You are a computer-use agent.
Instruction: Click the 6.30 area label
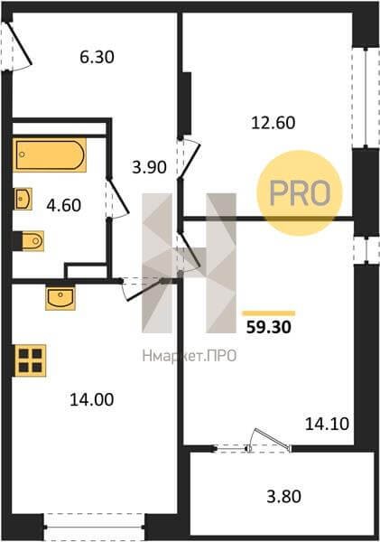97,58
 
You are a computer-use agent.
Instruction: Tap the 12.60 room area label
273,123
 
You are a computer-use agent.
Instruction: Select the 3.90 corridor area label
149,168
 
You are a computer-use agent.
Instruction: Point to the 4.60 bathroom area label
64,205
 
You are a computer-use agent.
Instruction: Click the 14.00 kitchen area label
91,400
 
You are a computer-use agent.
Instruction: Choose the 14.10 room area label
327,425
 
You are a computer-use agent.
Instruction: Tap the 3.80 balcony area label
284,497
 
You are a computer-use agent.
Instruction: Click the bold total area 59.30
269,327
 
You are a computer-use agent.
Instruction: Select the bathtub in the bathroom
50,154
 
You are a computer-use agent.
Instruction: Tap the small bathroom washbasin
23,199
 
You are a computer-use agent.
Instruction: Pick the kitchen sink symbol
60,297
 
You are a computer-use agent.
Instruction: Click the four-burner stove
30,360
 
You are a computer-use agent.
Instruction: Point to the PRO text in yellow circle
300,193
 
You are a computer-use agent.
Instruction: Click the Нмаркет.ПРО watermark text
190,356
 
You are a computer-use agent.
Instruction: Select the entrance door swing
18,47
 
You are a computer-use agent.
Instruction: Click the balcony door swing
270,439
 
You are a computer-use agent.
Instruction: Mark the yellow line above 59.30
269,313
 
